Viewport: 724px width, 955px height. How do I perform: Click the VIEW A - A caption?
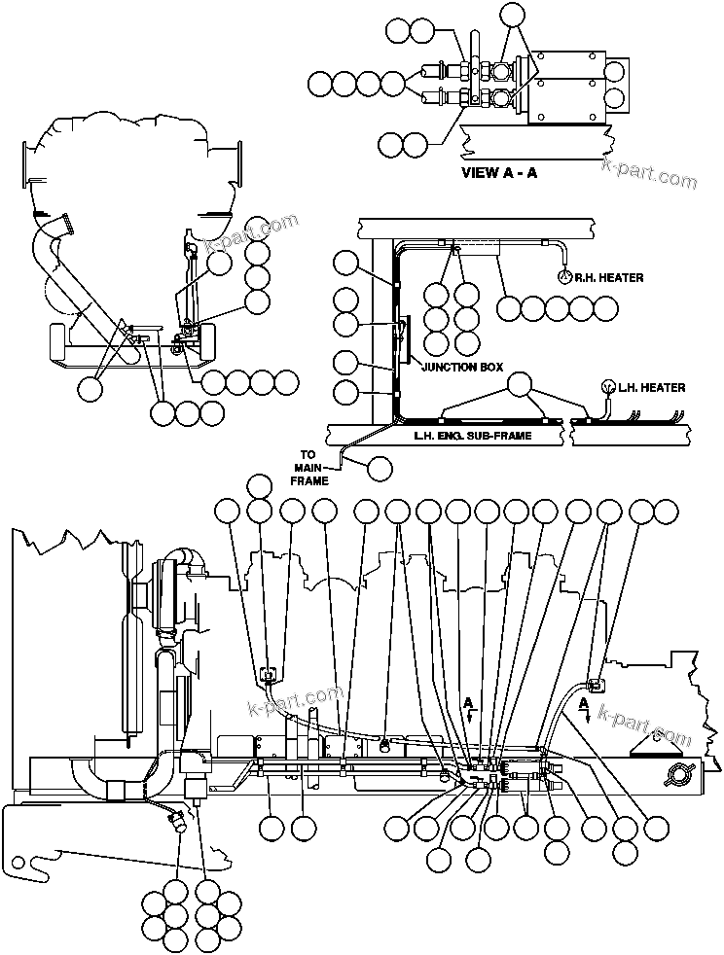point(498,174)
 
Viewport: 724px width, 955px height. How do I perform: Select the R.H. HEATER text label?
point(608,277)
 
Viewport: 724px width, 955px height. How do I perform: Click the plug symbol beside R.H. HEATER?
point(563,276)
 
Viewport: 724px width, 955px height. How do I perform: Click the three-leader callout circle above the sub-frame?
point(522,383)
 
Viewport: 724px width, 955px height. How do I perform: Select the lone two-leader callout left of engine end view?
point(90,387)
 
